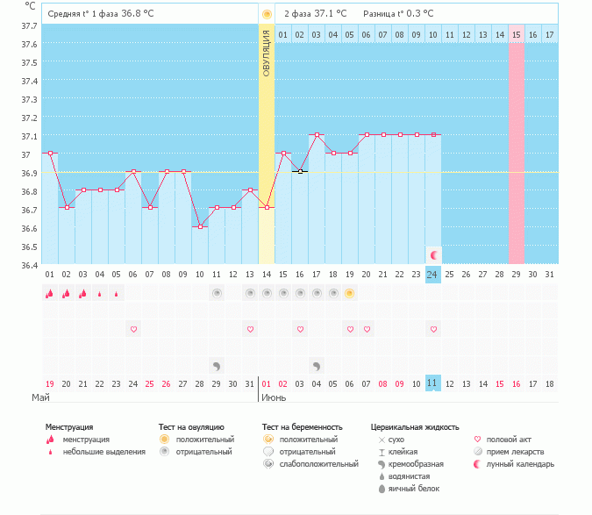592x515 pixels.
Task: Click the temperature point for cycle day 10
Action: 200,226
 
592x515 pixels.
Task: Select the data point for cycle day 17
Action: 317,135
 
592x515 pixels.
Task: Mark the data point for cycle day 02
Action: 67,207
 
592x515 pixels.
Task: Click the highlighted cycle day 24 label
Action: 432,275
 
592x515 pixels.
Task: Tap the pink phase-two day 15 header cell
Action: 516,34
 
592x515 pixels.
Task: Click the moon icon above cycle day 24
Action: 433,254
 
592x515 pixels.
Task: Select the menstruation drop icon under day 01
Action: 50,294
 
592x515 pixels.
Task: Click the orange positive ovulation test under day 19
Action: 349,294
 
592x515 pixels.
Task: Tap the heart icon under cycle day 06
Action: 133,329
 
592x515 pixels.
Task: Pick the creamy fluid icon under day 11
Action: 217,365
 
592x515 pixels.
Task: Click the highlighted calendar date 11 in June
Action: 432,383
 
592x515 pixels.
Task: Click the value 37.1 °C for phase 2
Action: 330,14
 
